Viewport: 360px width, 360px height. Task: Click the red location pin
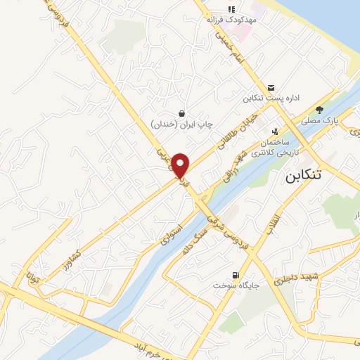(181, 165)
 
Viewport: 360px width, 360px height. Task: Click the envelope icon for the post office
(271, 86)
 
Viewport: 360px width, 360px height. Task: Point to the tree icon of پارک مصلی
(320, 110)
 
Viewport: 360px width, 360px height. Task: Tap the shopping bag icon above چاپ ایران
(182, 113)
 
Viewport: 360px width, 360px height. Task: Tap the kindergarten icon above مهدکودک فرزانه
(231, 9)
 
